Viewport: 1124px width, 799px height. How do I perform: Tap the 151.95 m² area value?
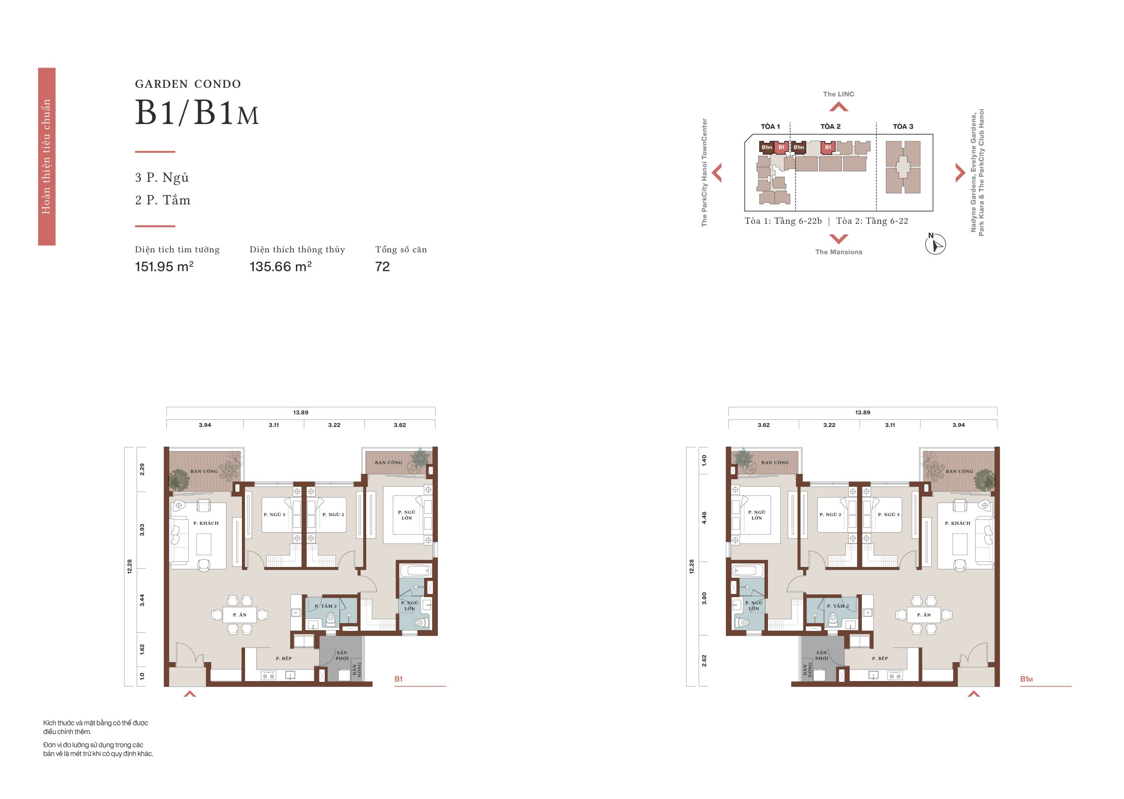click(x=164, y=266)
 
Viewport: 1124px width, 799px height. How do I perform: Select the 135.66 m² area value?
click(x=280, y=266)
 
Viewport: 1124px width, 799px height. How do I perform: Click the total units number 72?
click(x=382, y=267)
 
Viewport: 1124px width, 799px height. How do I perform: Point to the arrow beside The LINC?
click(x=839, y=106)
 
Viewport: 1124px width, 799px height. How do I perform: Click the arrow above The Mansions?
click(x=839, y=239)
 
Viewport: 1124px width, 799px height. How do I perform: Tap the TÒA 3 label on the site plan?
click(x=903, y=126)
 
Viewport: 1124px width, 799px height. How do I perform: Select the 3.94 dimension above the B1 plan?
click(x=205, y=425)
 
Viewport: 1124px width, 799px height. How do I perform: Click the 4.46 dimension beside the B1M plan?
click(x=704, y=518)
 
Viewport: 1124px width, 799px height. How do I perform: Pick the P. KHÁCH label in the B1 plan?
click(x=206, y=523)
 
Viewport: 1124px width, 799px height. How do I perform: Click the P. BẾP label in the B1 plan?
click(x=284, y=658)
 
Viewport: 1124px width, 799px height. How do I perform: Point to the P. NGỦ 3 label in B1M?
click(x=889, y=515)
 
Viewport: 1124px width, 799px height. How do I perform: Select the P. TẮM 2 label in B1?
click(x=326, y=606)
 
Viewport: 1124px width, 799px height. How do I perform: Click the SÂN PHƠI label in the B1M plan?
click(x=821, y=656)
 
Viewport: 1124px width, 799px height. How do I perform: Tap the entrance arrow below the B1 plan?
click(x=190, y=694)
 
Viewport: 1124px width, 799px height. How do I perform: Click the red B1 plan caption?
click(x=398, y=679)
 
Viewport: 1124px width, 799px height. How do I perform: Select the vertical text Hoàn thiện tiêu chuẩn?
click(x=46, y=157)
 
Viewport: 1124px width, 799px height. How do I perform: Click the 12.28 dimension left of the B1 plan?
click(x=130, y=566)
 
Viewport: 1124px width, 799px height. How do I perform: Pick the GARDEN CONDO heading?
click(x=188, y=84)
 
